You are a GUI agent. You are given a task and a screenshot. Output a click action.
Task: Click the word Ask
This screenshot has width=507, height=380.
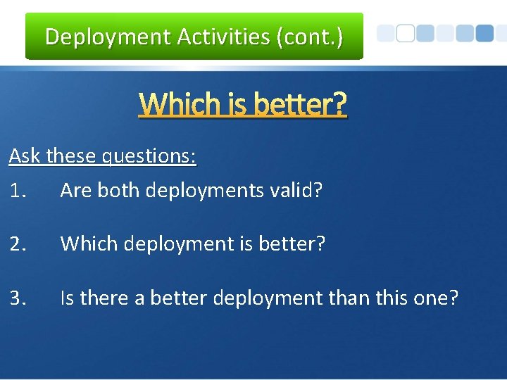(x=25, y=156)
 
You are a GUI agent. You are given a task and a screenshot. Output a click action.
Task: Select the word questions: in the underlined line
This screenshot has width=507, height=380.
(x=149, y=156)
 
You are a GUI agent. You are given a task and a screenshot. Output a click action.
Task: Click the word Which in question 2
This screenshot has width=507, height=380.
(x=85, y=244)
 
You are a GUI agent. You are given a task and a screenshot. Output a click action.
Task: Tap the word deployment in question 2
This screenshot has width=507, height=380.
(x=175, y=244)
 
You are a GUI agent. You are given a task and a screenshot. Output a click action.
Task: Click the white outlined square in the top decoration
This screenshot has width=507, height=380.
(x=405, y=33)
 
